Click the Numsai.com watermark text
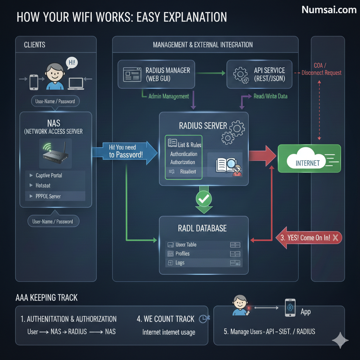pos(329,10)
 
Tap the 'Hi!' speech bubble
pos(72,63)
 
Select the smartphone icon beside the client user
pos(34,82)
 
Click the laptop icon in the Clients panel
pos(76,83)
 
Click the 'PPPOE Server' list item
pos(48,196)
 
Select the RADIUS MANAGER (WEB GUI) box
pos(156,74)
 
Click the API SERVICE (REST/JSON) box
pos(259,74)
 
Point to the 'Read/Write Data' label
pos(270,96)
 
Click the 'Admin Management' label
pos(168,96)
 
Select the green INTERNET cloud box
pos(309,159)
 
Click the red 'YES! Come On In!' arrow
pos(310,238)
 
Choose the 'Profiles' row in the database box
pos(182,253)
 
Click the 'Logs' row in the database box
pos(180,263)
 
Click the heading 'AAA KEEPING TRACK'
pos(46,298)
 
